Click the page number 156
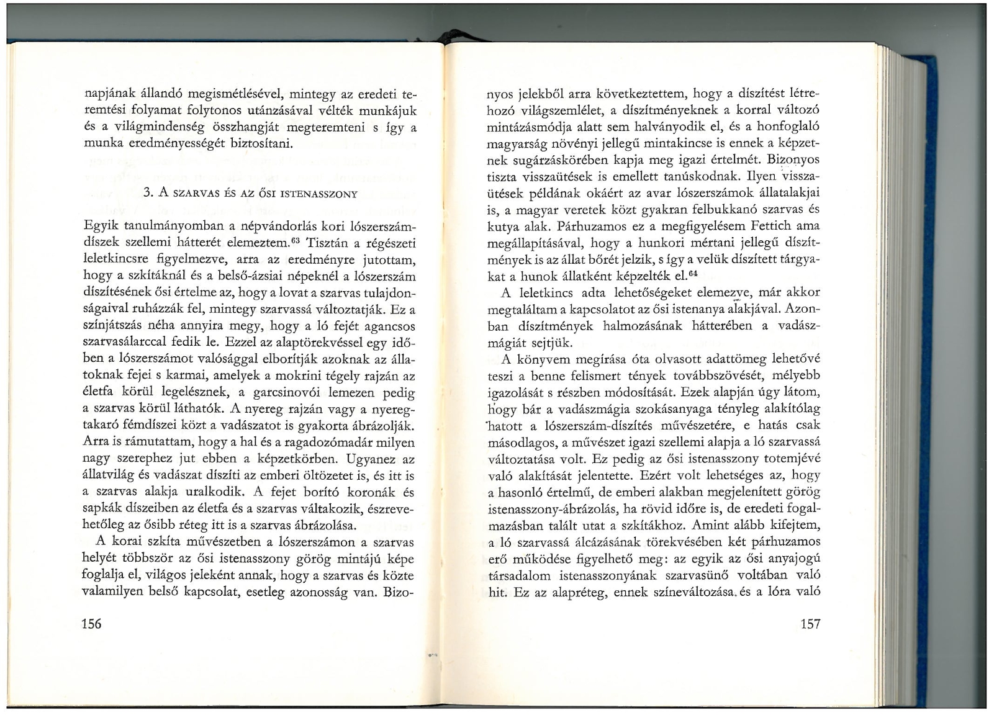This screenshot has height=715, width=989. pyautogui.click(x=92, y=624)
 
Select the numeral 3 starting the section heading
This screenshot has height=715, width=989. pyautogui.click(x=146, y=193)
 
